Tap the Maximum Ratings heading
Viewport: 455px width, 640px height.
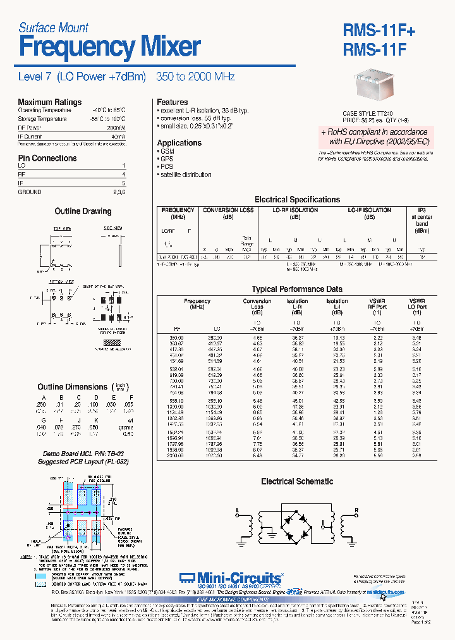[x=49, y=102]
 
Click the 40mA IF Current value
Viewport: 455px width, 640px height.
[x=118, y=136]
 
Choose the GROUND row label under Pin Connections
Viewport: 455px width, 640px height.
[x=30, y=192]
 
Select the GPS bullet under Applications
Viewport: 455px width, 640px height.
[x=167, y=159]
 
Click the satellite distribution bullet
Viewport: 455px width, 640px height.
[x=185, y=175]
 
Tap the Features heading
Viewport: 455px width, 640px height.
[x=172, y=102]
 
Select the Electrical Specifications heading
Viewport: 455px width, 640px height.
[x=297, y=199]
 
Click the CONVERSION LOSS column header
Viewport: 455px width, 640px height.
[x=228, y=210]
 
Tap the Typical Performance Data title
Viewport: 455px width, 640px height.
[x=297, y=289]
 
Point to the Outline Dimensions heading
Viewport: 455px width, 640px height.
[x=73, y=386]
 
